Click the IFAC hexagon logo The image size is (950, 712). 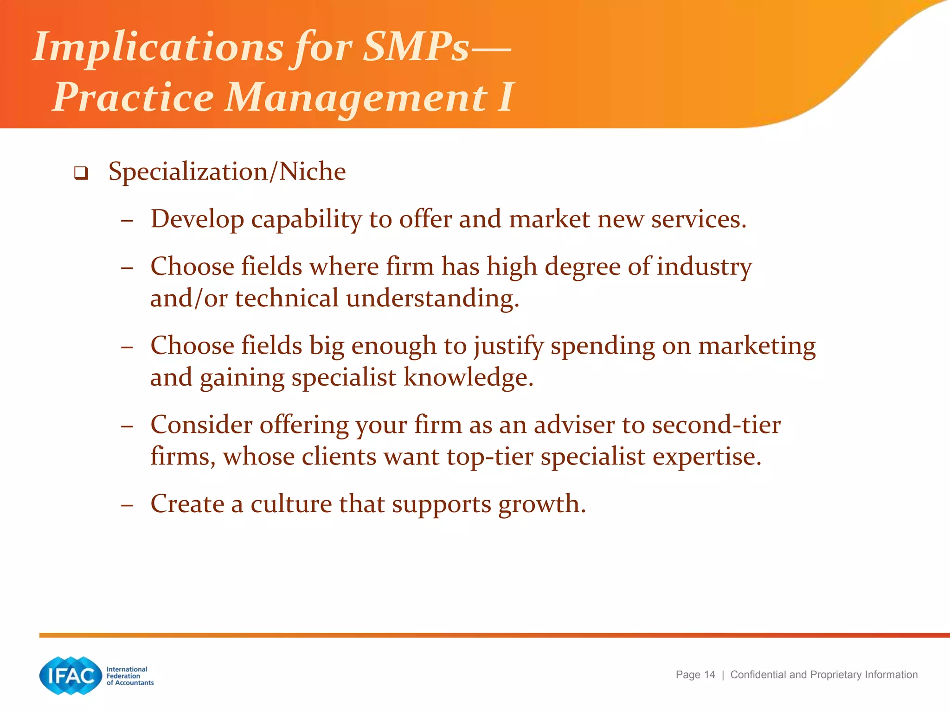pos(71,675)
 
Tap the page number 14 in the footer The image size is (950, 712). pos(709,674)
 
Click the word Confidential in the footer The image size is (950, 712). pos(758,674)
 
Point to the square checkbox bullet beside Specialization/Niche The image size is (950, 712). pos(81,173)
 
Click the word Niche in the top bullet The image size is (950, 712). pos(313,172)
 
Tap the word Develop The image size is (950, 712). pos(197,219)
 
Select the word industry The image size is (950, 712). pos(704,267)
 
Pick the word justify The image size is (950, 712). pos(508,346)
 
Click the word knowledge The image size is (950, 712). pos(468,377)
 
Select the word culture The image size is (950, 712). pos(291,504)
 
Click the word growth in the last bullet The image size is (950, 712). pos(542,504)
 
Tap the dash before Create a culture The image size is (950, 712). pos(127,504)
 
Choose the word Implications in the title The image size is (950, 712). pos(158,47)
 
